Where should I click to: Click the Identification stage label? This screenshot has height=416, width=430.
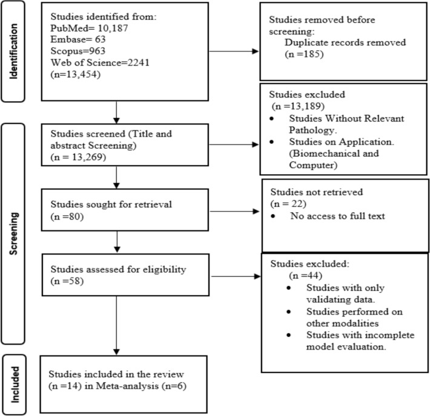pos(13,51)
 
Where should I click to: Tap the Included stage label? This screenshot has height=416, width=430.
pos(15,385)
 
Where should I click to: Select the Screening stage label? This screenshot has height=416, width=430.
pos(13,233)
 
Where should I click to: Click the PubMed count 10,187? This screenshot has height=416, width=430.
pos(113,28)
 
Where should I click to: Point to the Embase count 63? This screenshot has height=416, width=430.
pos(100,39)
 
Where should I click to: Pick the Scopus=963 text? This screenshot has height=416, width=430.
pos(78,51)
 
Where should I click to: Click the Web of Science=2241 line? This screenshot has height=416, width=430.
pos(100,63)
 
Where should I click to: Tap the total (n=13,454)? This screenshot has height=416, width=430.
pos(76,74)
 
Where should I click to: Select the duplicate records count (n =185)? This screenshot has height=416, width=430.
pos(304,54)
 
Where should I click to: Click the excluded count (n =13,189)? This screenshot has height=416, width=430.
pos(298,106)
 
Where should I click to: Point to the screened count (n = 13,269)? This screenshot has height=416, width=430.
pos(78,157)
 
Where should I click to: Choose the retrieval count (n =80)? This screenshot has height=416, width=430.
pos(67,216)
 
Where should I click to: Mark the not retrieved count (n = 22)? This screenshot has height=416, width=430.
pos(288,204)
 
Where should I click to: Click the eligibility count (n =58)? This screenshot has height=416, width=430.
pos(67,281)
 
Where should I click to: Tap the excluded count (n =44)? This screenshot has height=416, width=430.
pos(305,276)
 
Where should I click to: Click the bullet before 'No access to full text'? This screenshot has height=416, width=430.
pos(273,216)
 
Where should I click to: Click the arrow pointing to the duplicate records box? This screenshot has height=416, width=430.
pos(234,51)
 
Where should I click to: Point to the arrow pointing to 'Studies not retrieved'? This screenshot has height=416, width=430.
pos(234,211)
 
